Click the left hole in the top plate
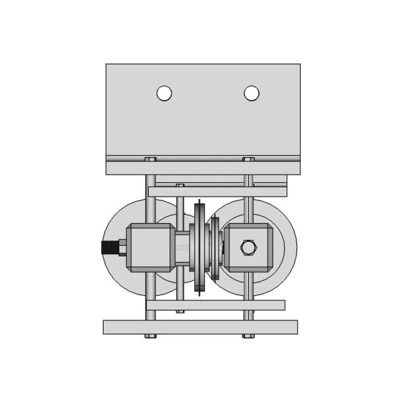(164, 93)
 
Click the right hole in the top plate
(251, 93)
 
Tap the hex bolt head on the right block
(248, 247)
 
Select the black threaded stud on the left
(109, 247)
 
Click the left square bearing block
(150, 247)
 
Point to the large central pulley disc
(200, 247)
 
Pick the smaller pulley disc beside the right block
(215, 247)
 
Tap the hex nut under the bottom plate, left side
(151, 336)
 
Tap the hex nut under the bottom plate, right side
(248, 336)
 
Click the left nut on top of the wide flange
(151, 159)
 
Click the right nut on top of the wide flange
(248, 159)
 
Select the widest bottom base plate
(200, 327)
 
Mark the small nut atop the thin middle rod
(180, 185)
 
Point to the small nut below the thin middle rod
(180, 312)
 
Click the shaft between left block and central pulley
(181, 247)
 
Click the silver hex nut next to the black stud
(123, 247)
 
